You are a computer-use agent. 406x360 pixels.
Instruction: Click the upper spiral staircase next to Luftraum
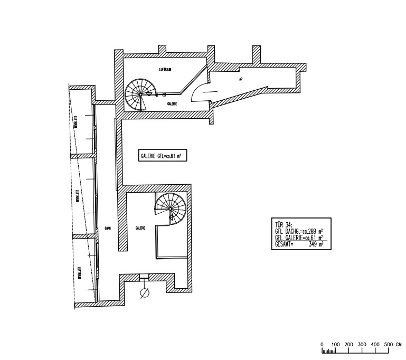point(141,94)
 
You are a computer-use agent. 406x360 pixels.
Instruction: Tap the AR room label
point(241,80)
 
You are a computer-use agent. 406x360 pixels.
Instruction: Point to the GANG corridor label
point(107,229)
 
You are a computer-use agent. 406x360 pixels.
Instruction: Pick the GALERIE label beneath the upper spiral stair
point(172,104)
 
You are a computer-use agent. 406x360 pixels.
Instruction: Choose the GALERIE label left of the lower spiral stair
point(140,229)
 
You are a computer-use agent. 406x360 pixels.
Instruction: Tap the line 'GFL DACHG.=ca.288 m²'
point(299,232)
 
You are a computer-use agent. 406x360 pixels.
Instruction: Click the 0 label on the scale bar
point(322,344)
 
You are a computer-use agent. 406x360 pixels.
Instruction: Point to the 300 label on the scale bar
point(362,344)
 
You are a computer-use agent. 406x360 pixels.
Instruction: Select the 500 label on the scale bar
point(389,344)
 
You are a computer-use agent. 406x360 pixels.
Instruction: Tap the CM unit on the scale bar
point(399,344)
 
